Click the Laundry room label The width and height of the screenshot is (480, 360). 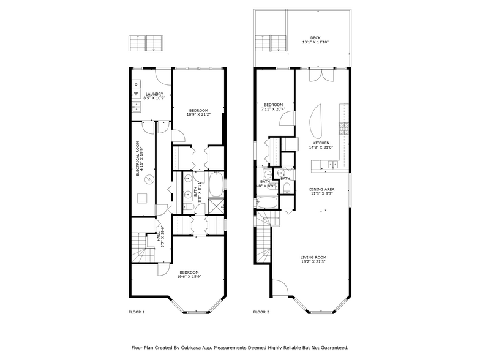point(154,96)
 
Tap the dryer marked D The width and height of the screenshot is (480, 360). point(136,84)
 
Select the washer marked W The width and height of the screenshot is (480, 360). point(136,94)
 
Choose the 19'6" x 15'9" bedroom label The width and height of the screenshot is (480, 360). point(189,274)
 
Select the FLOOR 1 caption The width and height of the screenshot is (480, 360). point(136,312)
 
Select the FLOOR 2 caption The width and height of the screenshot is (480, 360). point(261,312)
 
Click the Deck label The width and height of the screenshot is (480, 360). point(315,40)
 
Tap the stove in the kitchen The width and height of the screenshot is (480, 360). point(344,129)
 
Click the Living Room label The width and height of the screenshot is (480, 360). point(313,259)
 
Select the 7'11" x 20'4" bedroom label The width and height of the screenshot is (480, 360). point(273,107)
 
